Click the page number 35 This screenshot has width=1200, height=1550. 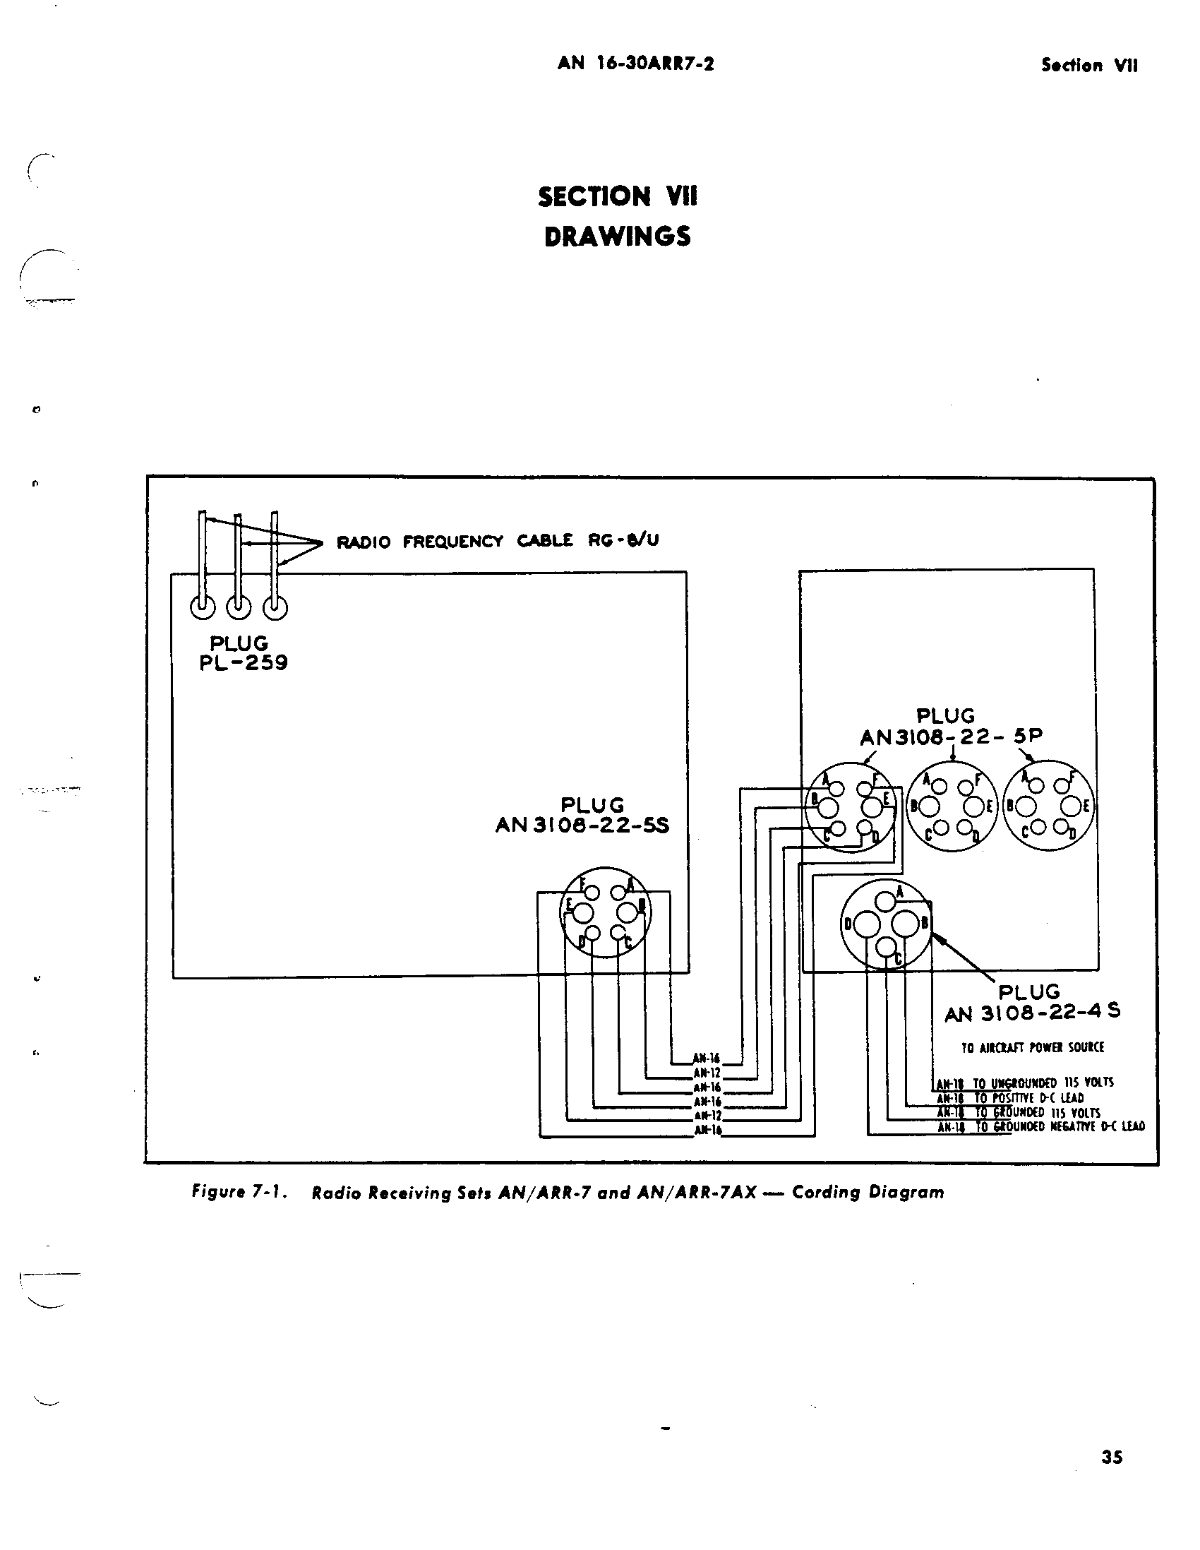point(1111,1457)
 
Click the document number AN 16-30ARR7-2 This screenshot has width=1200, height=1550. point(635,64)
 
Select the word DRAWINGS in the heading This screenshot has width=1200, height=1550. point(617,237)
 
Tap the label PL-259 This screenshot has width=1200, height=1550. point(243,663)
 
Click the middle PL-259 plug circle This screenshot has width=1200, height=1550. point(239,607)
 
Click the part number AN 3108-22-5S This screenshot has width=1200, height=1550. point(582,825)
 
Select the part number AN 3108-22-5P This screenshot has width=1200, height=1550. point(951,737)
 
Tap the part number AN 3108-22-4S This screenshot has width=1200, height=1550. point(1032,1013)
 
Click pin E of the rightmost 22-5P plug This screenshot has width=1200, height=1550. point(1070,806)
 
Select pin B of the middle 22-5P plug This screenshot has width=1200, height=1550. point(930,807)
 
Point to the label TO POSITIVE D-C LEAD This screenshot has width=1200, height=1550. point(1028,1097)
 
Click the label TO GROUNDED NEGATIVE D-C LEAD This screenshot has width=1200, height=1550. point(1060,1126)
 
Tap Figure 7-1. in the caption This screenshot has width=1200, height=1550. point(239,1192)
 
